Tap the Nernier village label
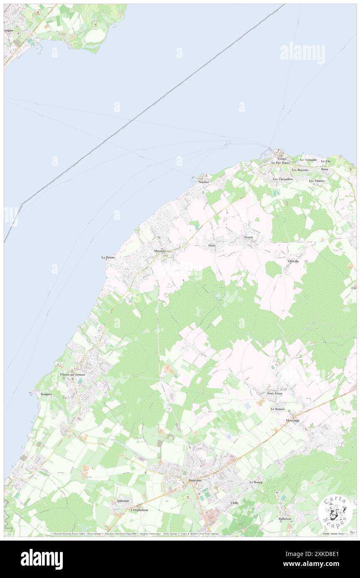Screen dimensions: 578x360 (x=204, y=182)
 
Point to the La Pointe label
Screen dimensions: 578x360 (x=108, y=257)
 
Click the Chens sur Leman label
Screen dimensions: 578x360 (x=73, y=375)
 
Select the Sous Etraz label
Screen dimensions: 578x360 (x=275, y=393)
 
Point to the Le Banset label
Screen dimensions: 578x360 (x=278, y=409)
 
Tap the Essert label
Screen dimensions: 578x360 (x=249, y=237)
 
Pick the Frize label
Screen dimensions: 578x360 (x=212, y=245)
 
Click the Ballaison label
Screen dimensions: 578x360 (x=285, y=519)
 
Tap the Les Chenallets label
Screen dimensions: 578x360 (x=283, y=179)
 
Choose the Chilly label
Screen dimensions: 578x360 (x=235, y=503)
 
